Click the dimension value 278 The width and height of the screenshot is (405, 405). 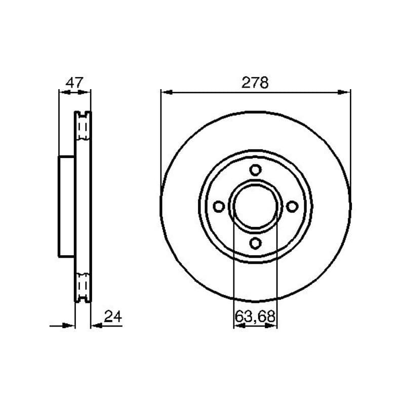(x=255, y=83)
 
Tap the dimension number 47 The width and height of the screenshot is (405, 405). (x=74, y=83)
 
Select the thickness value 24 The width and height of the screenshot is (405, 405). (x=113, y=316)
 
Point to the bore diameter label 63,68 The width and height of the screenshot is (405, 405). (x=255, y=316)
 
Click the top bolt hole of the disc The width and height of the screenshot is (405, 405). (x=255, y=170)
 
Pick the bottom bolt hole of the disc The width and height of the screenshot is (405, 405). (x=255, y=244)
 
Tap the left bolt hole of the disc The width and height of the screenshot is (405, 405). (x=219, y=207)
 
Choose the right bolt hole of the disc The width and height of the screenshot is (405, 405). (x=292, y=207)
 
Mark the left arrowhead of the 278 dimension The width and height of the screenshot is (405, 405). (x=167, y=92)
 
